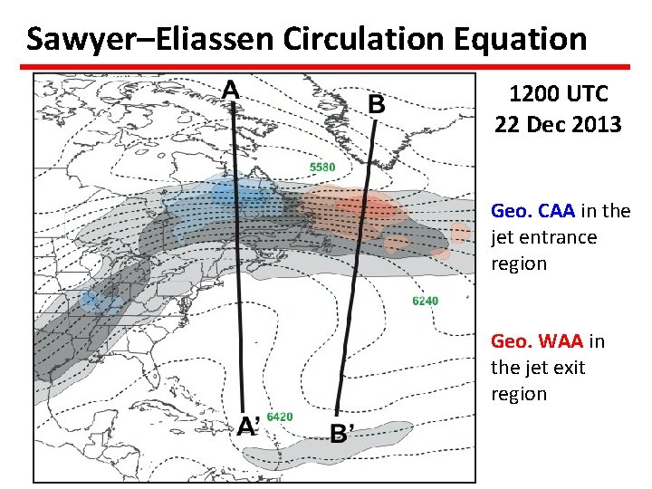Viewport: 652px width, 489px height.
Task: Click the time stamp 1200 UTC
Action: coord(558,93)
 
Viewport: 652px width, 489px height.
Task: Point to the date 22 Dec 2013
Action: coord(558,123)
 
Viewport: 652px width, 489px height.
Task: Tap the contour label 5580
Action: coord(321,167)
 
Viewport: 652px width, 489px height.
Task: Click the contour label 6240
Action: coord(425,301)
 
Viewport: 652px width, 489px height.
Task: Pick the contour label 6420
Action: coord(280,417)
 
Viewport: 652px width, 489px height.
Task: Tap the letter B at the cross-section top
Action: coord(376,105)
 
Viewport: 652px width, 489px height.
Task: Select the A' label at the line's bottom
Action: coord(249,427)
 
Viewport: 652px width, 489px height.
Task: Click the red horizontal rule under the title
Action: coord(326,66)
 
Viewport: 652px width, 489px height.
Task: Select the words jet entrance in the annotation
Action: coord(544,237)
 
